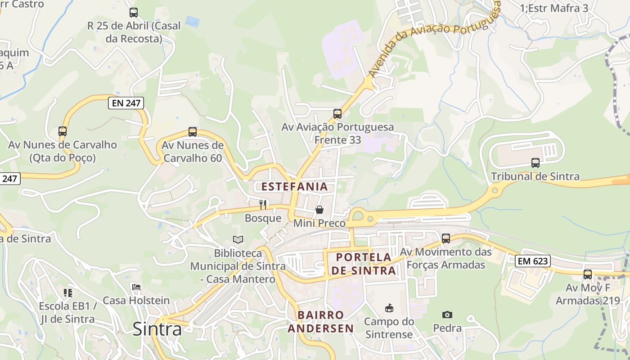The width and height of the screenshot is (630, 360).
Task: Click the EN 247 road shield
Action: pyautogui.click(x=126, y=103)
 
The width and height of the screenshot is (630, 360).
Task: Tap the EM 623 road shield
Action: pyautogui.click(x=533, y=260)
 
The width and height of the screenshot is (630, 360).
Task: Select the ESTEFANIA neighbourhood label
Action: pyautogui.click(x=295, y=186)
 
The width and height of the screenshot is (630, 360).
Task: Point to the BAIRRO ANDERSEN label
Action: pyautogui.click(x=321, y=321)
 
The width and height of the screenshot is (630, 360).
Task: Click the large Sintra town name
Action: pyautogui.click(x=157, y=329)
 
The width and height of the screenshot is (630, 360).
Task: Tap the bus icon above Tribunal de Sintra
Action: pyautogui.click(x=535, y=163)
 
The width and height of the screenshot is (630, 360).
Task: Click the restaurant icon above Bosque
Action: pyautogui.click(x=263, y=205)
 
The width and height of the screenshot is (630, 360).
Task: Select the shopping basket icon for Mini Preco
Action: pyautogui.click(x=319, y=210)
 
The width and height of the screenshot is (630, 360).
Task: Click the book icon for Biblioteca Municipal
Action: pyautogui.click(x=238, y=240)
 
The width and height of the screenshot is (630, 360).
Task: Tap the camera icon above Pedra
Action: pyautogui.click(x=447, y=315)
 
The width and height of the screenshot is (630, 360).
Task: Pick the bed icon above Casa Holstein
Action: pyautogui.click(x=136, y=287)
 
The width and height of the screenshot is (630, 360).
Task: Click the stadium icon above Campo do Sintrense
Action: pyautogui.click(x=389, y=308)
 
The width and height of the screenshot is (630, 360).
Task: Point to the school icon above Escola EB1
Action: pyautogui.click(x=68, y=293)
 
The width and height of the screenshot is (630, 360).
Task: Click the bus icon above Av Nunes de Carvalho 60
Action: pyautogui.click(x=193, y=132)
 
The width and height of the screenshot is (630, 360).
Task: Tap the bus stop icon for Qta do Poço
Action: pyautogui.click(x=63, y=131)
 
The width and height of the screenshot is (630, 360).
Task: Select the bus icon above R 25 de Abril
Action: pyautogui.click(x=134, y=13)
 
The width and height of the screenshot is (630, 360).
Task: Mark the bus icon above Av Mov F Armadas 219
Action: pyautogui.click(x=588, y=274)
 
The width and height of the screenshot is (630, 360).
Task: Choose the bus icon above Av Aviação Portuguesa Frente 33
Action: pyautogui.click(x=337, y=114)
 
